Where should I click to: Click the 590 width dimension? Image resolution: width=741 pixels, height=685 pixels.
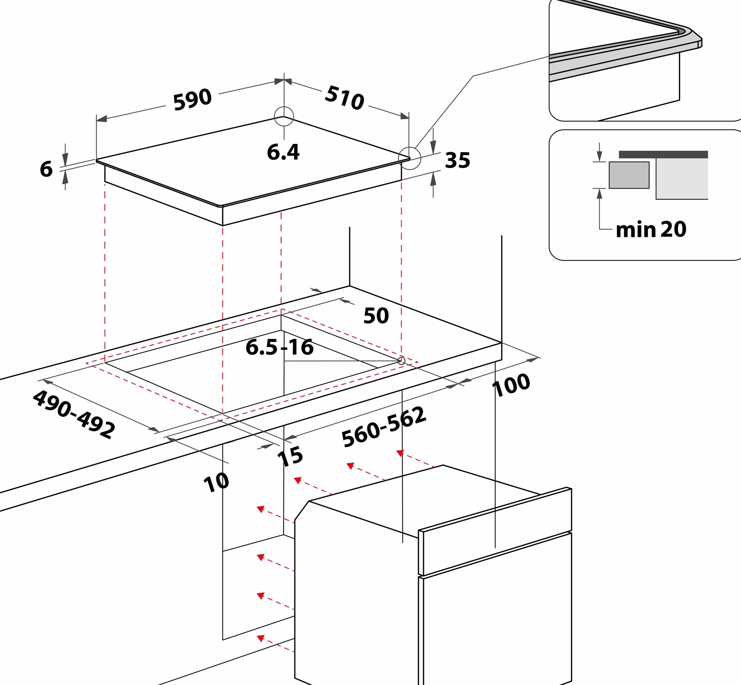coord(192,99)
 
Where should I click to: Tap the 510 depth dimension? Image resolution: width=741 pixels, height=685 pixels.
coord(344,97)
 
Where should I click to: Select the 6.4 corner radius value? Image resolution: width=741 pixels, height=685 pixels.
coord(283,152)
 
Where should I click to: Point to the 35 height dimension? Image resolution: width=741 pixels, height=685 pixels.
coord(458,160)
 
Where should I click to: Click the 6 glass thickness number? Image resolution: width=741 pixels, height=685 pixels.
coord(46,169)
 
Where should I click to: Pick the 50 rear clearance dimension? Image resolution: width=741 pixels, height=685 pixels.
coord(376,316)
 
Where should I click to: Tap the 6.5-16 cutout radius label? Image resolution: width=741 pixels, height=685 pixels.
coord(279,347)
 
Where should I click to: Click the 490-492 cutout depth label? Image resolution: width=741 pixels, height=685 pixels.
coord(74,414)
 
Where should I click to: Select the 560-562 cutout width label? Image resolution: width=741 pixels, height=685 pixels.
coord(384,427)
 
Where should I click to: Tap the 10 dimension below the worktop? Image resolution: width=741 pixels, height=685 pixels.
coord(216,482)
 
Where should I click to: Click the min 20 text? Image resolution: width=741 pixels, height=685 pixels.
coord(651,229)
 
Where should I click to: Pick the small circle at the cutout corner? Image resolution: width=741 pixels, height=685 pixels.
coord(401,361)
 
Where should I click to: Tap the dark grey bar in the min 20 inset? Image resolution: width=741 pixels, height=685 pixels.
coord(663,155)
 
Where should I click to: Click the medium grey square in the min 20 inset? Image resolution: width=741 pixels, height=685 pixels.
coord(629,175)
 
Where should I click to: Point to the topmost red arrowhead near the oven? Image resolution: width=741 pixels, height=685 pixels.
coord(400,453)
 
